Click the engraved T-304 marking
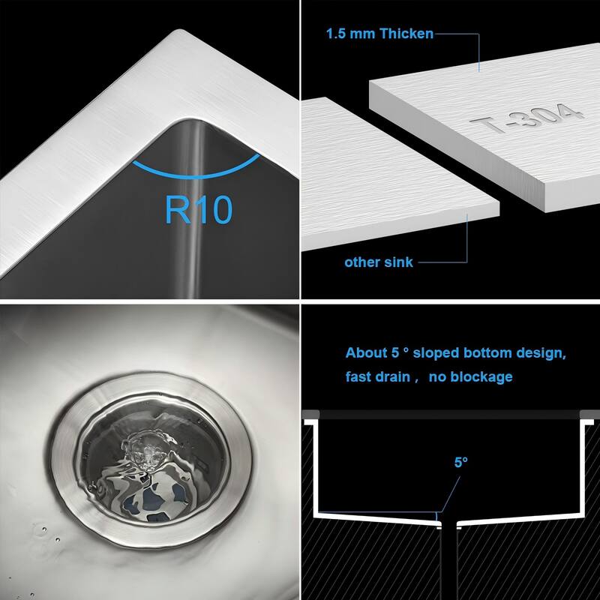[x=525, y=120]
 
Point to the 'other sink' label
[x=379, y=262]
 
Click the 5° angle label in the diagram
[x=460, y=462]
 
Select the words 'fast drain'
[x=377, y=376]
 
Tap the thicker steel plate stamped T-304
[x=487, y=127]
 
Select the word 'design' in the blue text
[x=540, y=352]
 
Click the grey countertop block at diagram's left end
[x=310, y=413]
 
